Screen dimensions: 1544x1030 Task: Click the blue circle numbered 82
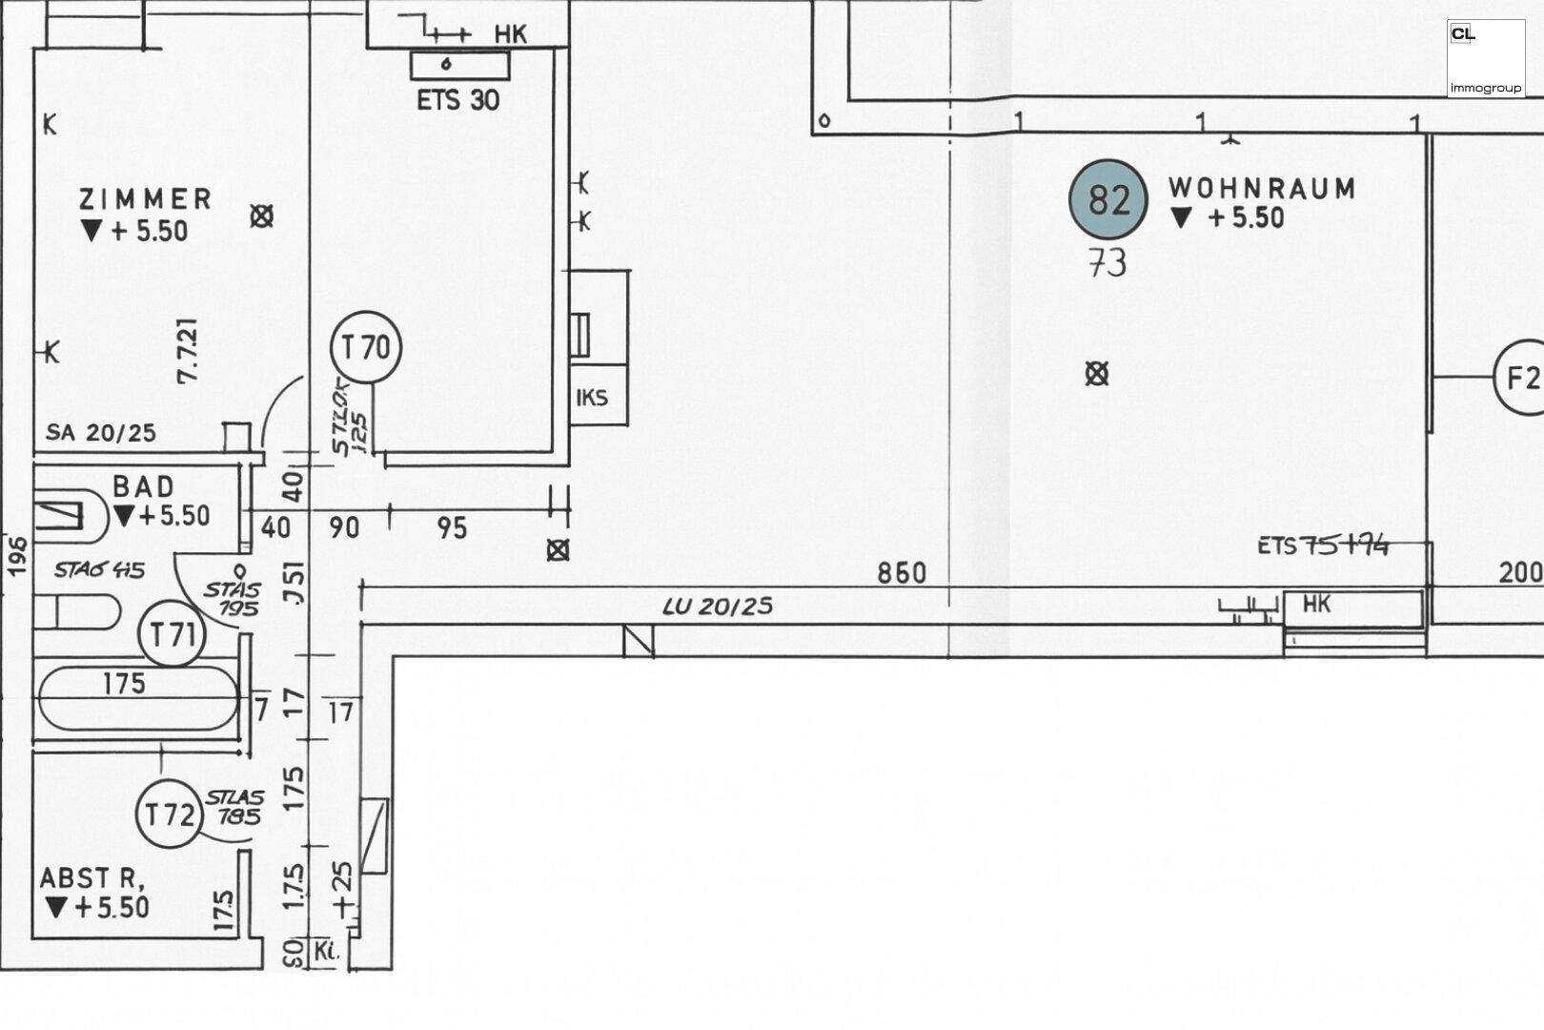(x=1107, y=199)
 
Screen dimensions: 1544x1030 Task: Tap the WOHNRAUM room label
(x=1262, y=188)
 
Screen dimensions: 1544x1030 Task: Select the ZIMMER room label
(x=145, y=198)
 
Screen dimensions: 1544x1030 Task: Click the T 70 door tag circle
(x=366, y=347)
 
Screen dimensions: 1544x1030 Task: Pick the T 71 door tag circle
(x=173, y=633)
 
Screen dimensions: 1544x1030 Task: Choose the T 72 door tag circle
(x=170, y=814)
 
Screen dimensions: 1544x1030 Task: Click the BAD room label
(x=144, y=486)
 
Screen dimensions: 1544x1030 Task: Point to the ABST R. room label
(x=91, y=877)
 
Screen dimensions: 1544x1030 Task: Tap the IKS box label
(x=592, y=397)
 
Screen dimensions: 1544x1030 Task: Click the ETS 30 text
(x=457, y=99)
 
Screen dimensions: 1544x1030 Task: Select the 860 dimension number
(x=902, y=572)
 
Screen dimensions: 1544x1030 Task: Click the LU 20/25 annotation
(x=718, y=606)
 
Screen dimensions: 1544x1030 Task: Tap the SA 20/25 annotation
(x=101, y=432)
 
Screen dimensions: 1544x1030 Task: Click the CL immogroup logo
(x=1485, y=59)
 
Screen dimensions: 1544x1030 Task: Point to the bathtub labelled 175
(x=136, y=696)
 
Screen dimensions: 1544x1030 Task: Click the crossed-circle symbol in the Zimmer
(x=261, y=216)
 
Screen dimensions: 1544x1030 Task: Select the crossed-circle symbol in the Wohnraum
(x=1097, y=374)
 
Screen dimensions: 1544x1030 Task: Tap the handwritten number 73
(x=1107, y=262)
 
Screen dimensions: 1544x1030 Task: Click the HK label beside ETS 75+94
(x=1316, y=604)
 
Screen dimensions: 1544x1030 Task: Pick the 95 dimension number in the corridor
(x=452, y=527)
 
